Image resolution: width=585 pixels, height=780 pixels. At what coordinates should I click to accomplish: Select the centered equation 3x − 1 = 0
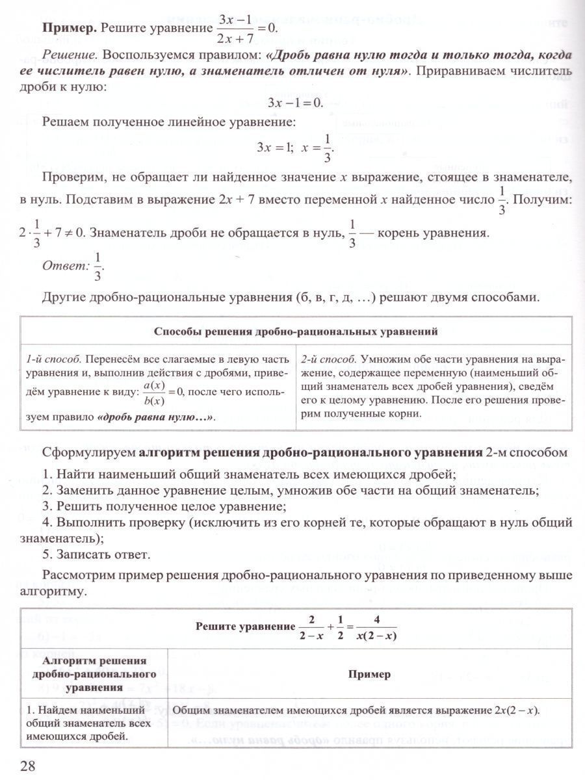(x=296, y=103)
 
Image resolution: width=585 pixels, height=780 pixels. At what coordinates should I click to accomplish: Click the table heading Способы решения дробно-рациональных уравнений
(x=296, y=331)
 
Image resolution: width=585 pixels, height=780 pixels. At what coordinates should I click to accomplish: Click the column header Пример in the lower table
(x=369, y=674)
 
